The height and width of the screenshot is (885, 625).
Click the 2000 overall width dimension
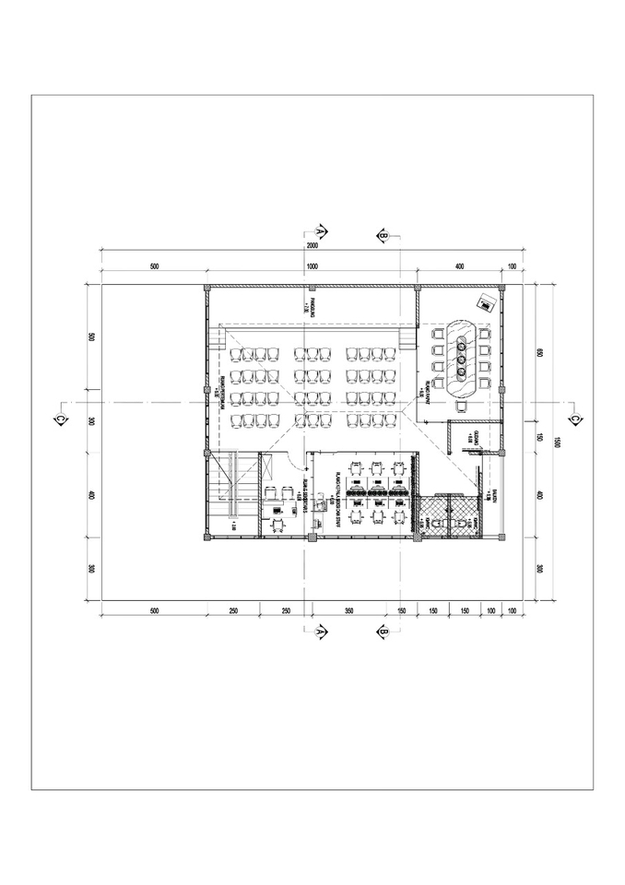point(312,247)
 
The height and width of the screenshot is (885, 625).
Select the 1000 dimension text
point(312,265)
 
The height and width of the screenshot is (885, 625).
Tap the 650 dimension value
point(541,352)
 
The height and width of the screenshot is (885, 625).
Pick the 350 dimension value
point(349,609)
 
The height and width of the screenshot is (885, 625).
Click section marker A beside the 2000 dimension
point(321,229)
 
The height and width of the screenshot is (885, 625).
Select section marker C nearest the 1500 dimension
point(574,419)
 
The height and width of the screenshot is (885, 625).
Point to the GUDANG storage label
point(474,435)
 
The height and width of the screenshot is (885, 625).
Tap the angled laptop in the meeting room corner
point(484,301)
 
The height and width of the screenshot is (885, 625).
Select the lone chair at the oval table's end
point(461,406)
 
